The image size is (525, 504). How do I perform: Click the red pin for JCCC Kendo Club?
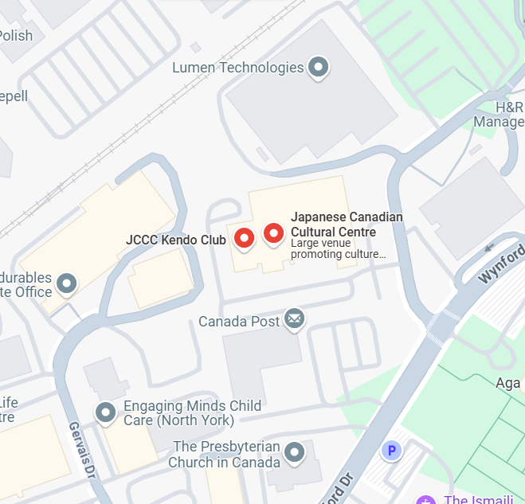pyautogui.click(x=244, y=237)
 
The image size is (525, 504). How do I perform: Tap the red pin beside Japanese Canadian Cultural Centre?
pyautogui.click(x=274, y=233)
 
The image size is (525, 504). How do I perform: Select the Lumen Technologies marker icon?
pyautogui.click(x=319, y=67)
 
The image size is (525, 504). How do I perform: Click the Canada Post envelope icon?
pyautogui.click(x=295, y=319)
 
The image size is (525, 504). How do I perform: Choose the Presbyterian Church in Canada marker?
pyautogui.click(x=296, y=452)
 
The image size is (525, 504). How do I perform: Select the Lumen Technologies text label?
pyautogui.click(x=238, y=68)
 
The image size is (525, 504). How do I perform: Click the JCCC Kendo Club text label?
pyautogui.click(x=176, y=239)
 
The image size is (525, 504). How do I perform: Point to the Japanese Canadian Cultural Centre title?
pyautogui.click(x=347, y=224)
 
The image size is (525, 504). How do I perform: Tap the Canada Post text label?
pyautogui.click(x=239, y=322)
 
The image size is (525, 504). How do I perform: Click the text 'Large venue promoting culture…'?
pyautogui.click(x=338, y=249)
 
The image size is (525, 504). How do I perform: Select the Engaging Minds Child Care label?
pyautogui.click(x=191, y=413)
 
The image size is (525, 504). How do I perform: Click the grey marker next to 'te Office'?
pyautogui.click(x=68, y=283)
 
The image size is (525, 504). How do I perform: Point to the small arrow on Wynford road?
pyautogui.click(x=489, y=248)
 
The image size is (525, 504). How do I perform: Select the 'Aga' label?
pyautogui.click(x=508, y=383)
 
